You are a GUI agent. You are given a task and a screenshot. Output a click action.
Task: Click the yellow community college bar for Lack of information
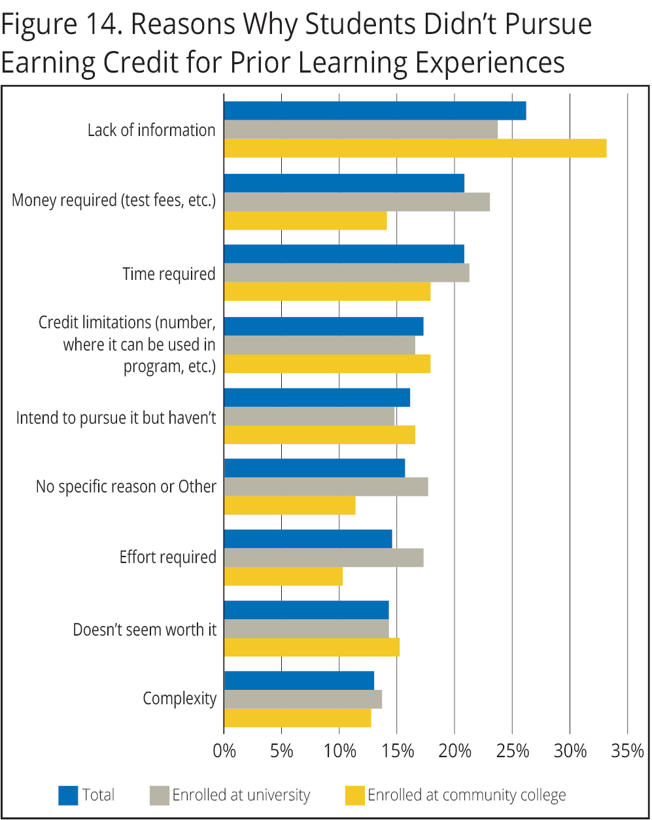415,148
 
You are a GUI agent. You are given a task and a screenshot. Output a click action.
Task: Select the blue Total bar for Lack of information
375,111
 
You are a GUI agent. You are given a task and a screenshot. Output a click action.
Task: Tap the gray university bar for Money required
356,202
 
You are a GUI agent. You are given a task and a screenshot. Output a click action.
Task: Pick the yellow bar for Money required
305,220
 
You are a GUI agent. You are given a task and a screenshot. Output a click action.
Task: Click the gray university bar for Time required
347,273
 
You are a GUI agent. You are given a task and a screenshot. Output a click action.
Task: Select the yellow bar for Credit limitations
327,364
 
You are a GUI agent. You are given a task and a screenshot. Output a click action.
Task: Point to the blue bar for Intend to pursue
317,398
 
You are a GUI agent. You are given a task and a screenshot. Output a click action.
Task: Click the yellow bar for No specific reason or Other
290,505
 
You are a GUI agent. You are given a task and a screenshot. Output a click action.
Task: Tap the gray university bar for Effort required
324,558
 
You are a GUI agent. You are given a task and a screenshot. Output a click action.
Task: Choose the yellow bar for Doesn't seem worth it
312,647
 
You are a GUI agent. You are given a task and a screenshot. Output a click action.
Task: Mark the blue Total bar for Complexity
299,681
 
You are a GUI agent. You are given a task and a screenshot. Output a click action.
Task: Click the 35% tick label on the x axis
627,751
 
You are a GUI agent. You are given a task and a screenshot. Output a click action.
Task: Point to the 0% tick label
224,751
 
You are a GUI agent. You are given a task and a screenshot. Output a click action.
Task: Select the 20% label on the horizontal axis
455,751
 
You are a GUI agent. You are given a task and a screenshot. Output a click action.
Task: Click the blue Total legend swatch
68,795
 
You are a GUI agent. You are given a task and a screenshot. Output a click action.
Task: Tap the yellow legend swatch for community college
354,795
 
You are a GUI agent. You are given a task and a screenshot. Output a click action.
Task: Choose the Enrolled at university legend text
241,795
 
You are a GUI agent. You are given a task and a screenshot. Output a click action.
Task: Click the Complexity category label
179,698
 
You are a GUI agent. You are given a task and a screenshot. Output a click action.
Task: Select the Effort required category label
167,557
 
